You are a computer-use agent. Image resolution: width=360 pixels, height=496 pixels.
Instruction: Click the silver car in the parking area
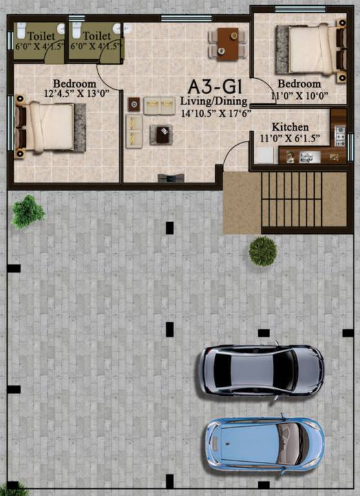[x=261, y=369]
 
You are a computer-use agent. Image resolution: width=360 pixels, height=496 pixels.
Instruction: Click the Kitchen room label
[x=290, y=127]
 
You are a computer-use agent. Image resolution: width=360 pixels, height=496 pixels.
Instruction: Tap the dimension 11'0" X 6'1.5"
[x=290, y=138]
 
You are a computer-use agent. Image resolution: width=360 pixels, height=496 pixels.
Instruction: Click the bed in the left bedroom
[x=50, y=127]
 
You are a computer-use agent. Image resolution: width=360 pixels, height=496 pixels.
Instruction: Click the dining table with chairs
[x=226, y=43]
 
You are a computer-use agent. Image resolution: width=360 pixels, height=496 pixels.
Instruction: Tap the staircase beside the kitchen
[x=293, y=200]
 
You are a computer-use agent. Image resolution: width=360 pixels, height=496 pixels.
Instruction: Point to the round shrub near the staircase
[x=262, y=251]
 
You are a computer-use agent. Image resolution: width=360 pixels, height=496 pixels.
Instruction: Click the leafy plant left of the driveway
[x=28, y=211]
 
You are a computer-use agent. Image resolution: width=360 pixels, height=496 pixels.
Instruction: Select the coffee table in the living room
[x=160, y=134]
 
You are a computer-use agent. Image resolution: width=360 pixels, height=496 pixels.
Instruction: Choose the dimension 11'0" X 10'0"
[x=299, y=96]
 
